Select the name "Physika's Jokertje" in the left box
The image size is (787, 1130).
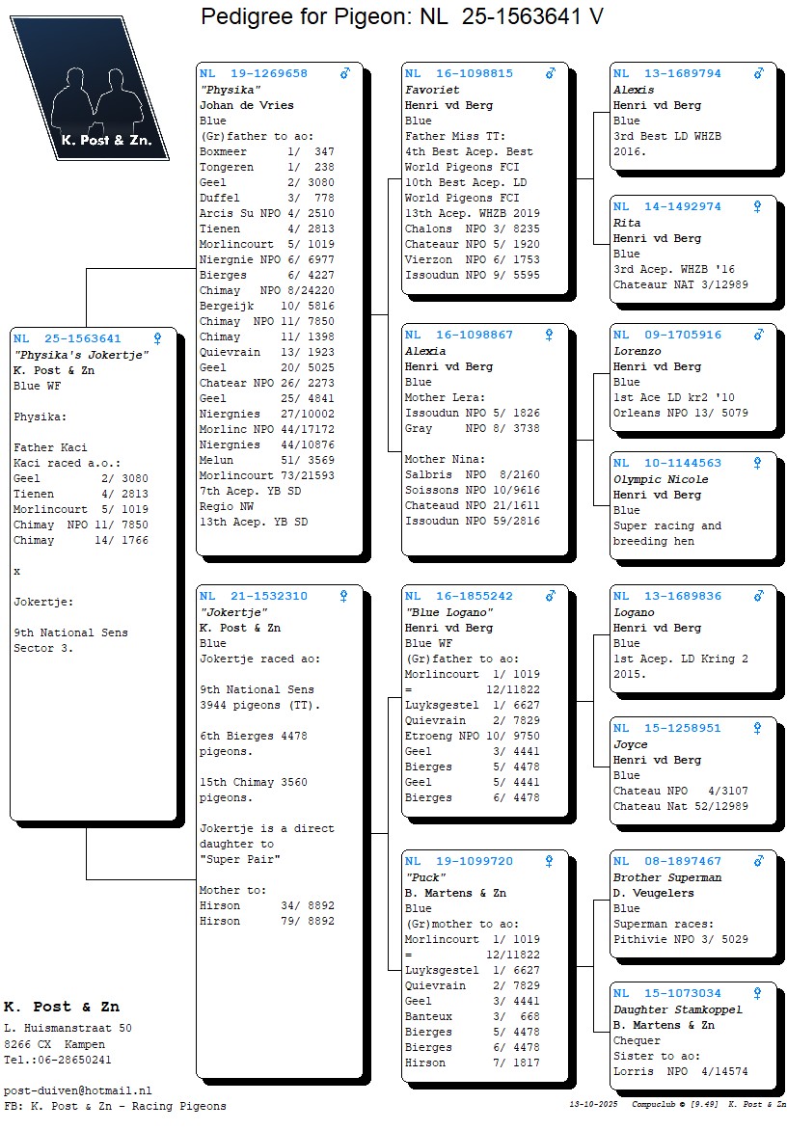pos(81,355)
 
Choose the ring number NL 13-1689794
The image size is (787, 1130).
pos(667,73)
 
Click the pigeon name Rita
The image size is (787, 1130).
pos(627,223)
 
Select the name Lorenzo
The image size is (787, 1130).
pos(638,351)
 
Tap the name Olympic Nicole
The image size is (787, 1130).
pos(661,479)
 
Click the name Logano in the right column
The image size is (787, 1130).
pos(634,612)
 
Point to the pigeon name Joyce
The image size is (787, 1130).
pos(631,744)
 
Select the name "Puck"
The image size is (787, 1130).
pos(425,877)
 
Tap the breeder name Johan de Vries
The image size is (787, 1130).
pos(247,105)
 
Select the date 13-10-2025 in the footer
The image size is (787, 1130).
pos(594,1104)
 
